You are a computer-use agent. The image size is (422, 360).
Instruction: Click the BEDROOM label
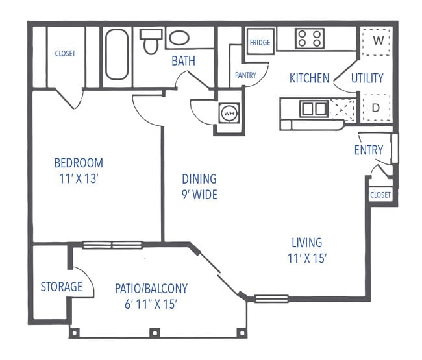(78, 163)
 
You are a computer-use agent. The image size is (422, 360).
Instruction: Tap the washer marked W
(377, 40)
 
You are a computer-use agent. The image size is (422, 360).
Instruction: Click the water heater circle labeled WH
(228, 113)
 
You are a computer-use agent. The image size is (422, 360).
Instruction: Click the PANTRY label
(245, 75)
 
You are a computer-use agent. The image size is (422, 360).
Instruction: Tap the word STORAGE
(62, 286)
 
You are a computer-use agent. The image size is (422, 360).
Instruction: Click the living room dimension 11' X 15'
(307, 258)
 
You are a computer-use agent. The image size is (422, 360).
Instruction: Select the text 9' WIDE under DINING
(199, 194)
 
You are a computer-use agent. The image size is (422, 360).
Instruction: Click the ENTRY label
(368, 150)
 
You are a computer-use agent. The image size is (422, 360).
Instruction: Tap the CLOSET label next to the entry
(380, 195)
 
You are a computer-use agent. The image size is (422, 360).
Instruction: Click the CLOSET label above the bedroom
(66, 54)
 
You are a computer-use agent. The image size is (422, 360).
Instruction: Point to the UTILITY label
(367, 78)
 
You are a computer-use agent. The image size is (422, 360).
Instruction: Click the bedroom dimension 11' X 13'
(78, 178)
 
